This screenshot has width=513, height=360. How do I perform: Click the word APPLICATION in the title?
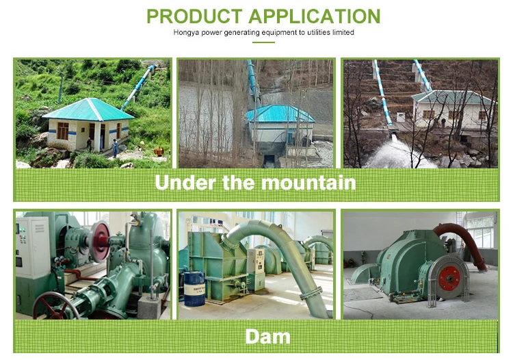(x=315, y=16)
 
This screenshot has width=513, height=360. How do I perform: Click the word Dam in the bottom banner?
(x=267, y=337)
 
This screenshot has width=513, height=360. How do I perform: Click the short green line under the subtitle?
(x=263, y=42)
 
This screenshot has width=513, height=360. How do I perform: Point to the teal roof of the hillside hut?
(x=88, y=109)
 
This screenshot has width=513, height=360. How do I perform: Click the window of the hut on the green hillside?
(x=62, y=131)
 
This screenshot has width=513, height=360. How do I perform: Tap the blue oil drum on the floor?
(x=195, y=288)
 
